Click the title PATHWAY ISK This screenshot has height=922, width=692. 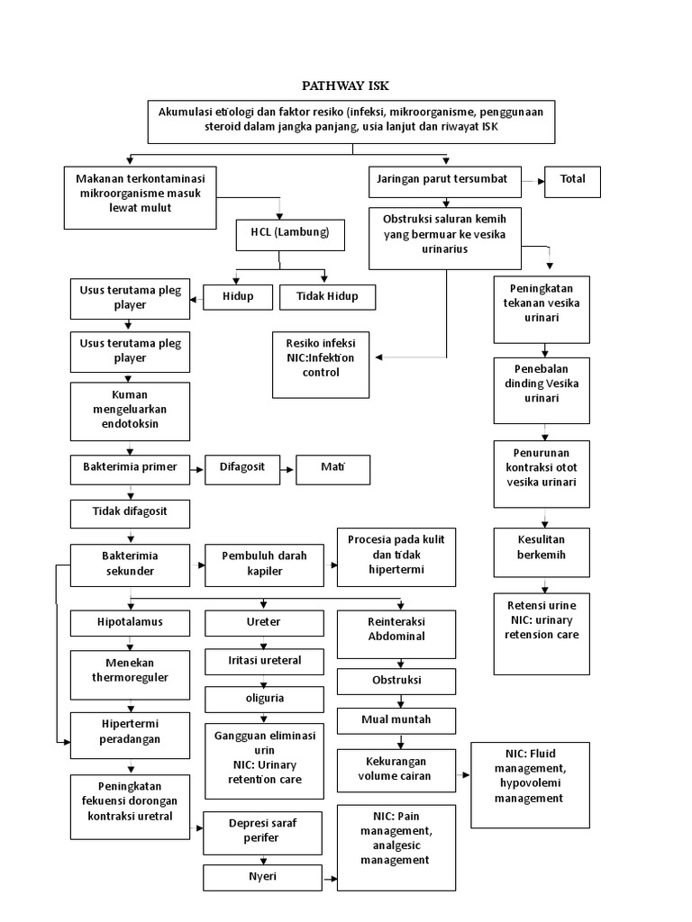tap(345, 86)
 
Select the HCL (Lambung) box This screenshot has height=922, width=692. tap(284, 232)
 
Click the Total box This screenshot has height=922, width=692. tap(572, 180)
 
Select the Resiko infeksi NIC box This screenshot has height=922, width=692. tap(320, 364)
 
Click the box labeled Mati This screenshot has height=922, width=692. tap(333, 467)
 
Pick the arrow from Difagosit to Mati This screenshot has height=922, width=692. tap(285, 468)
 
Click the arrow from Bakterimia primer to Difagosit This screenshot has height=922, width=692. tap(197, 468)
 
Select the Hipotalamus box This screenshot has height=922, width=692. tap(131, 622)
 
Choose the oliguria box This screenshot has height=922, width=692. tap(264, 699)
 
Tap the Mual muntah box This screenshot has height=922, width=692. tap(396, 720)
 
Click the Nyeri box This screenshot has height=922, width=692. tap(263, 876)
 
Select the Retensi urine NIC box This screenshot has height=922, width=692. tap(542, 632)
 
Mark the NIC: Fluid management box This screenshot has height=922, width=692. tap(530, 784)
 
